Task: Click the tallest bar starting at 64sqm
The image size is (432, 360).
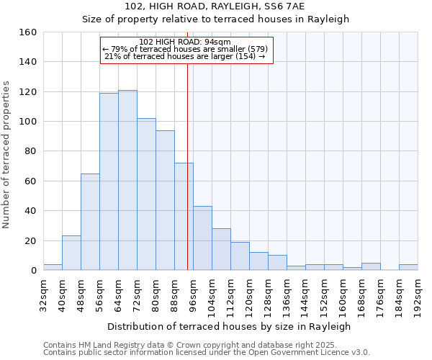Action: click(127, 180)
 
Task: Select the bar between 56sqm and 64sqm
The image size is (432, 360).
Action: click(109, 181)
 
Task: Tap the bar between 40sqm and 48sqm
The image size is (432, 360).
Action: click(71, 253)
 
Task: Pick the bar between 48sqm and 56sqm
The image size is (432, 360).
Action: click(90, 222)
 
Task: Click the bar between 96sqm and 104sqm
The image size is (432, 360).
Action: click(202, 238)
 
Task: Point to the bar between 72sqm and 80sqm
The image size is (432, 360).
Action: click(146, 194)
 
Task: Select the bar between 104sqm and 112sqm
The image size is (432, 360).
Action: click(221, 249)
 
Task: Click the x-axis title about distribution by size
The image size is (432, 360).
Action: click(230, 326)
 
